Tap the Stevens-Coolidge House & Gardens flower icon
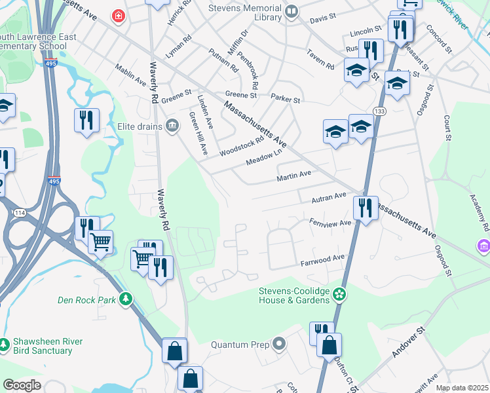[x=339, y=294]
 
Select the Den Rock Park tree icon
[x=126, y=299]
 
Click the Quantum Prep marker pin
[x=279, y=343]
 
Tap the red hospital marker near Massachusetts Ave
[x=118, y=15]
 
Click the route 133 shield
[x=380, y=112]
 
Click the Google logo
[x=22, y=385]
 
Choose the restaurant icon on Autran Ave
[x=364, y=208]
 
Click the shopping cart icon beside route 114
[x=100, y=242]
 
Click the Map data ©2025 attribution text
[x=462, y=388]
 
